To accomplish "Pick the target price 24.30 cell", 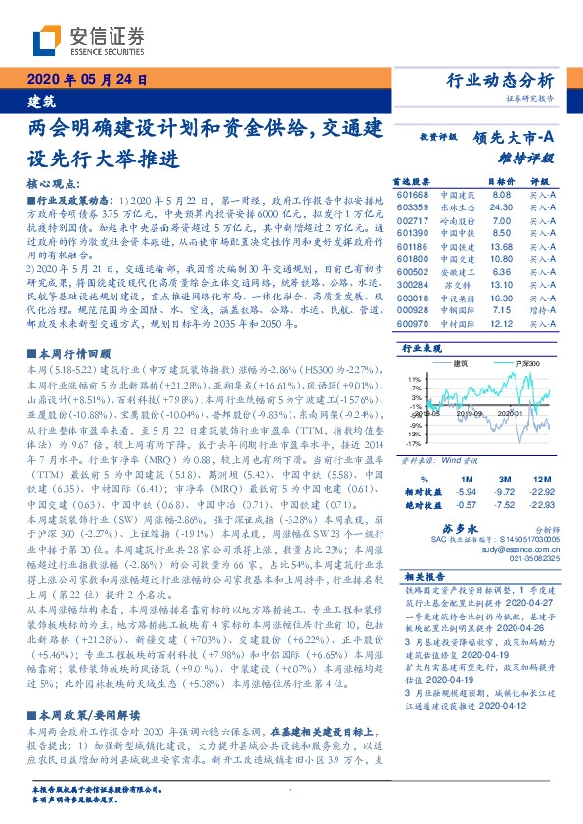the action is (472, 207).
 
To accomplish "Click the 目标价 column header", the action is (473, 181).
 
